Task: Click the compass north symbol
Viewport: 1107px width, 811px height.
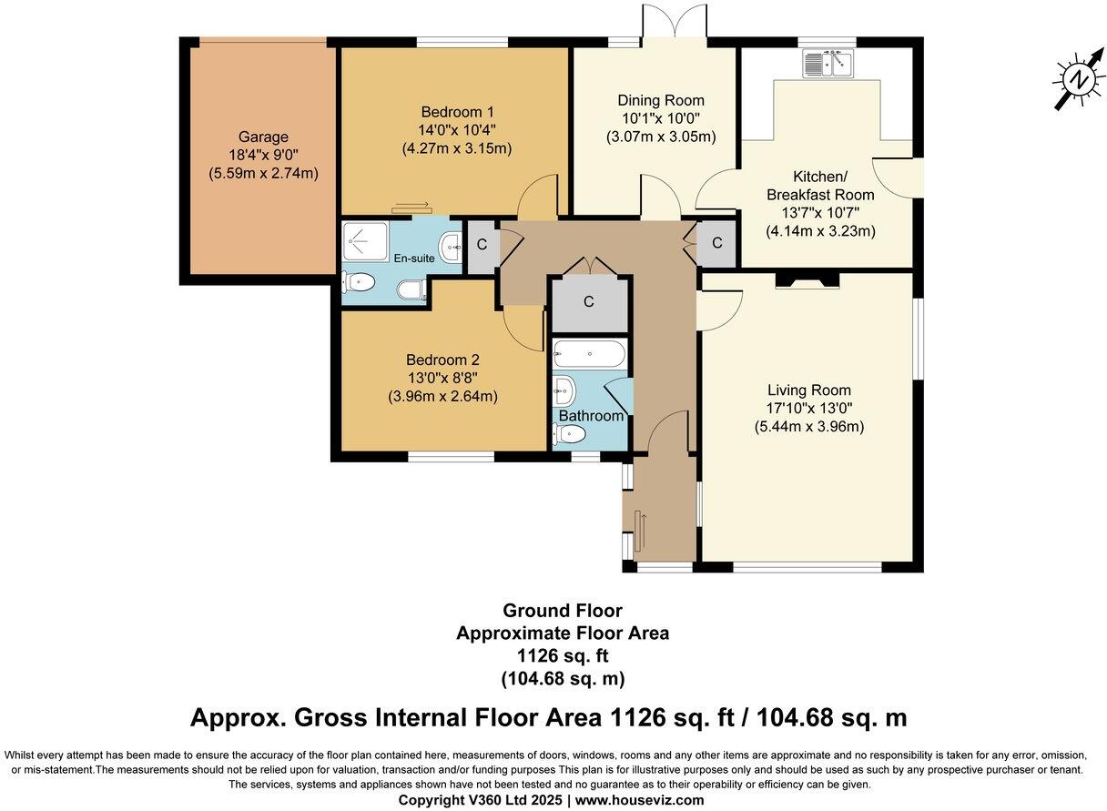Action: point(1080,79)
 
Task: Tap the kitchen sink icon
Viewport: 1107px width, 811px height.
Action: point(828,63)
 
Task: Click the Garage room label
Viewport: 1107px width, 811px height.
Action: point(263,137)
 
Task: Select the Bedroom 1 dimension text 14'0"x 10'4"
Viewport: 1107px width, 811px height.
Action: point(457,130)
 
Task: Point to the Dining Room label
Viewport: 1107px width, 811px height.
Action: point(661,100)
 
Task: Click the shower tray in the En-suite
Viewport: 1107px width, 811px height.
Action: point(366,240)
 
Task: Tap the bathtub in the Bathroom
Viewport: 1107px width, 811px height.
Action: point(590,354)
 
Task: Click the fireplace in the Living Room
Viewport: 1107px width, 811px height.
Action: point(807,279)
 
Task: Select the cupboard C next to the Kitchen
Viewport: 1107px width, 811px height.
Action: point(716,243)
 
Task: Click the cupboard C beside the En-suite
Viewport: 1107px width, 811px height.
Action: point(482,246)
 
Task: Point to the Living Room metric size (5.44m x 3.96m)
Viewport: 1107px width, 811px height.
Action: point(809,427)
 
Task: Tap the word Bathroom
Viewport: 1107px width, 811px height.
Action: point(591,416)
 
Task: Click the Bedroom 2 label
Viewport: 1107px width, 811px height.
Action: point(442,360)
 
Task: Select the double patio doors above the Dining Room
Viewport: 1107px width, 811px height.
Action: point(675,25)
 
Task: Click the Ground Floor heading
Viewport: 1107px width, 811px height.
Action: point(563,611)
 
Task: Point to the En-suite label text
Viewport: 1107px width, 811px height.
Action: point(414,258)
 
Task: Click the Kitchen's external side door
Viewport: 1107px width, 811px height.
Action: point(896,178)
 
